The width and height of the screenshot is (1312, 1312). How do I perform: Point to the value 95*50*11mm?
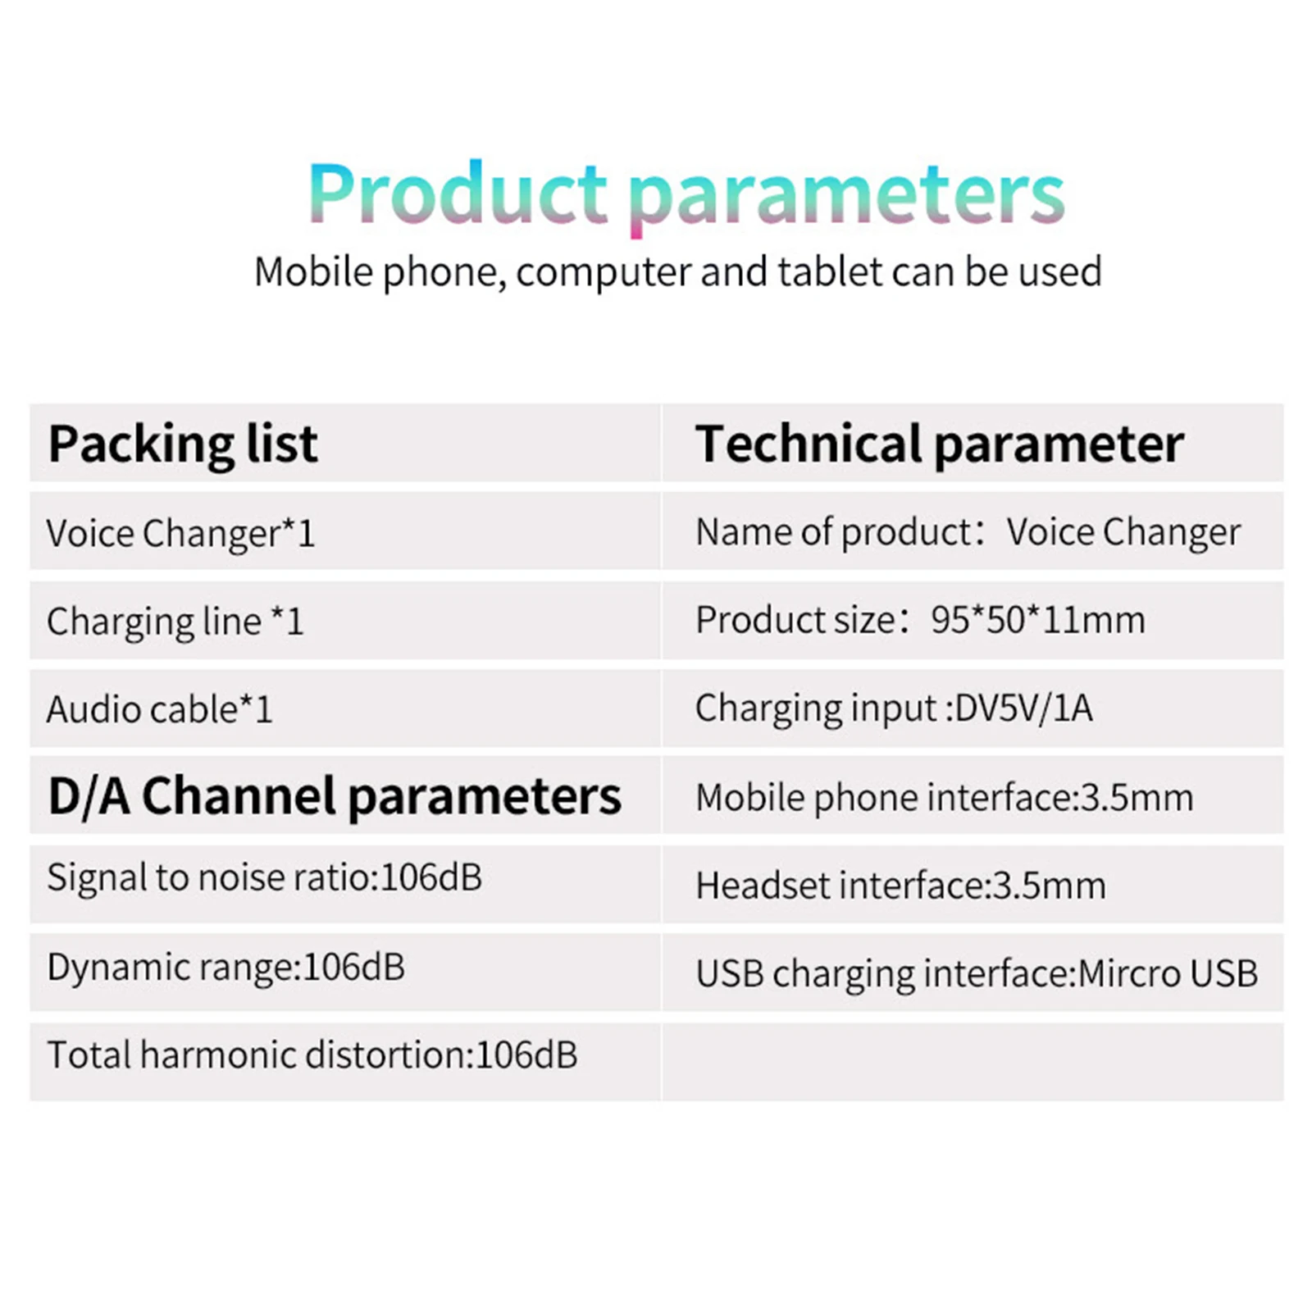[1038, 620]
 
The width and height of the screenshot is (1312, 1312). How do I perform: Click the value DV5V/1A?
[1024, 708]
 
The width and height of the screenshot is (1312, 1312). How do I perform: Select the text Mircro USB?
[1168, 973]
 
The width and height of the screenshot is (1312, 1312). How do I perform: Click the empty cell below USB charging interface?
[973, 1062]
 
